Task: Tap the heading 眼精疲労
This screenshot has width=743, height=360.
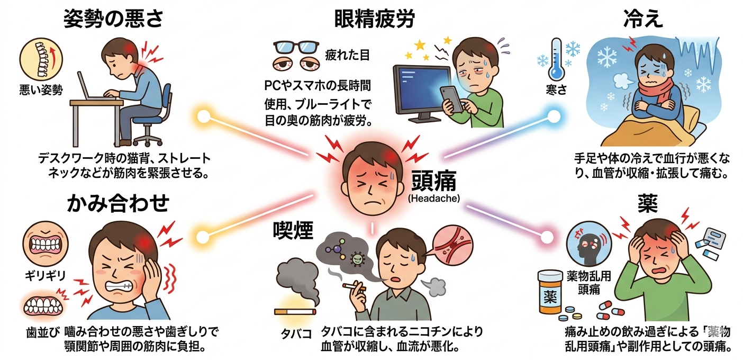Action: (374, 20)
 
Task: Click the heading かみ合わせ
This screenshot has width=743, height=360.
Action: (119, 203)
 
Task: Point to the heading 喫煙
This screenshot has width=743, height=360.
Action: (293, 230)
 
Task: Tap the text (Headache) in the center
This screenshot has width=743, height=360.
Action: (433, 199)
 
